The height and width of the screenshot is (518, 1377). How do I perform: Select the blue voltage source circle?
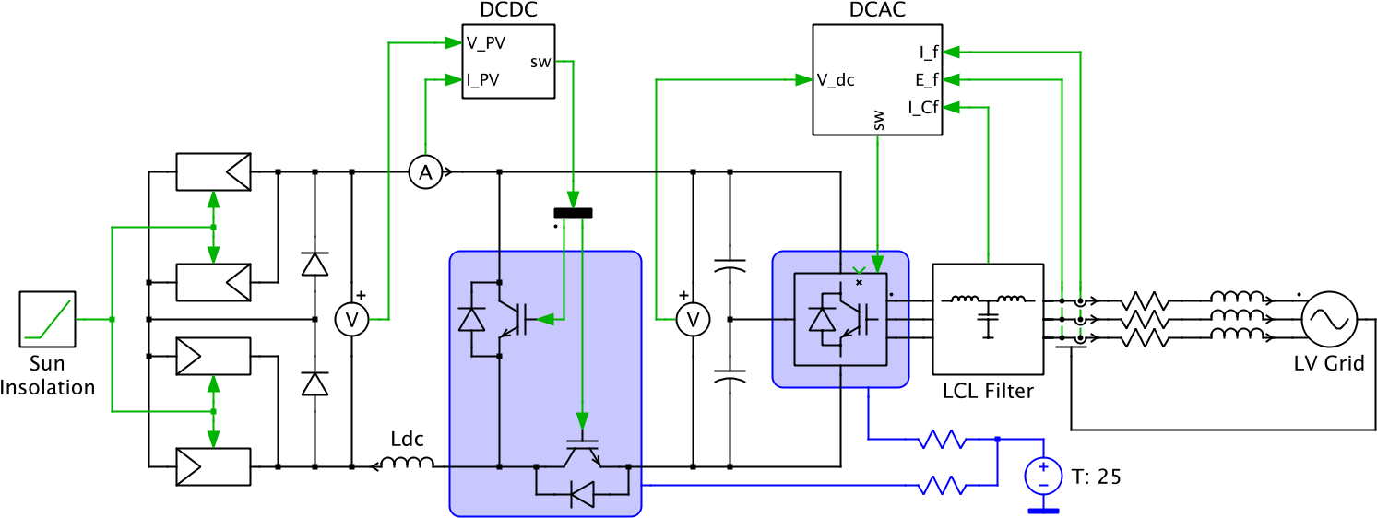click(x=1043, y=476)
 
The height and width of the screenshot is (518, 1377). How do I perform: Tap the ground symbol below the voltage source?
click(x=1043, y=510)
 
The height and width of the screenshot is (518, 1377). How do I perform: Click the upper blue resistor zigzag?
click(x=942, y=440)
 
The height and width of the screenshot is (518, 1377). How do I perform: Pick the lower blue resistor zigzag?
click(x=942, y=485)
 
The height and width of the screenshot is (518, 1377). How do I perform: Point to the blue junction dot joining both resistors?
click(x=997, y=440)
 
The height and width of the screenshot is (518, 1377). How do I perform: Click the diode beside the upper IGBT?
click(x=471, y=319)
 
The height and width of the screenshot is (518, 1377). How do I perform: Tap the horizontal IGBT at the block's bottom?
click(x=582, y=454)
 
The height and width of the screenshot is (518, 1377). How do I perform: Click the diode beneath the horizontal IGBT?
click(x=582, y=494)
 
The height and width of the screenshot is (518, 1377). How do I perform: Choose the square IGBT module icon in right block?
click(x=840, y=319)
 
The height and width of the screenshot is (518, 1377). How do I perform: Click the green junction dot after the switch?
click(x=112, y=319)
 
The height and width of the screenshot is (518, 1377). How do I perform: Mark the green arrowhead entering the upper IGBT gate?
click(x=545, y=319)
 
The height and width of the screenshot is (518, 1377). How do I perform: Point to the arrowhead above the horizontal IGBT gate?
click(x=582, y=421)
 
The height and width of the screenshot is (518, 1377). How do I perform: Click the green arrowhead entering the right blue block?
click(x=877, y=264)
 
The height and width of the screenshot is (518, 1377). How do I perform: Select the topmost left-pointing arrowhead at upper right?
click(x=951, y=52)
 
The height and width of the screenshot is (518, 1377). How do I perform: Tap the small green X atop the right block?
click(x=859, y=270)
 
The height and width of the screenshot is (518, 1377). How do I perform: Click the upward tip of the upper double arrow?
click(x=213, y=198)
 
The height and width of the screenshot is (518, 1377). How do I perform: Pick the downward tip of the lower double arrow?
click(x=213, y=441)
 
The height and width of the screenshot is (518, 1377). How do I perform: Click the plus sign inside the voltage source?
click(x=1043, y=467)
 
